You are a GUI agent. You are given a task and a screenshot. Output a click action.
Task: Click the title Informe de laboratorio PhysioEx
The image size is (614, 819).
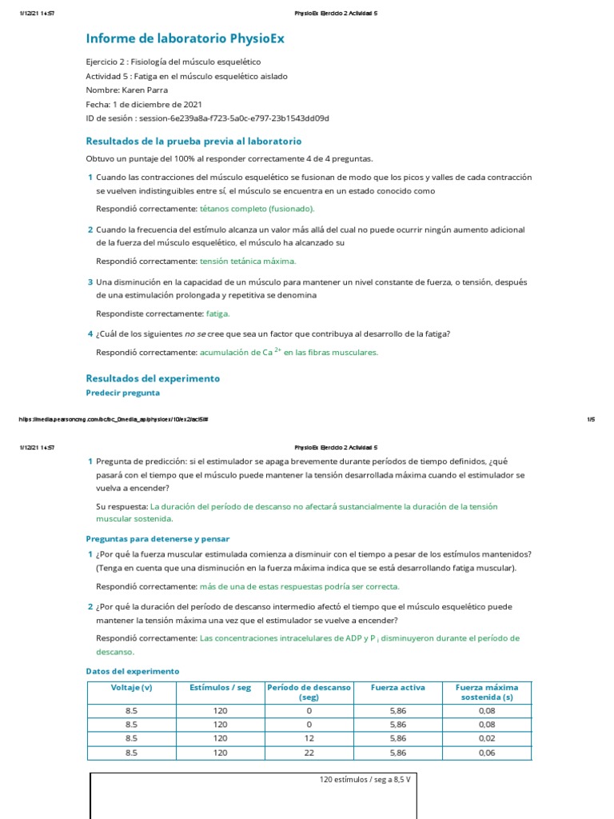(x=185, y=38)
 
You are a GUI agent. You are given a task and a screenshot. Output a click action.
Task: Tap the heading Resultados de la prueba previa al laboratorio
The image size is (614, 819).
(x=193, y=141)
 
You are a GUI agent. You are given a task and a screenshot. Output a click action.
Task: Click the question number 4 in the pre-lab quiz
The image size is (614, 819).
(x=90, y=334)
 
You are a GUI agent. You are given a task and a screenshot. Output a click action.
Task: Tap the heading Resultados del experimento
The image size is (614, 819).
(x=152, y=378)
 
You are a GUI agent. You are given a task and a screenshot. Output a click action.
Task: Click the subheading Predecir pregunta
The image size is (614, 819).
(x=122, y=393)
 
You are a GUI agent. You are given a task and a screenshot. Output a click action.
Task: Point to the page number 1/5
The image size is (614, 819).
(x=592, y=419)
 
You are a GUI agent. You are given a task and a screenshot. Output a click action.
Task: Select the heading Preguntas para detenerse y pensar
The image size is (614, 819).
(x=157, y=539)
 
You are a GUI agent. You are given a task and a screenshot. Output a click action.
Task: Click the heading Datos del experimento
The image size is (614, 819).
(x=132, y=671)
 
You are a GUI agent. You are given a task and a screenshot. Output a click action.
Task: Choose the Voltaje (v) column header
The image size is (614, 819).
(x=131, y=687)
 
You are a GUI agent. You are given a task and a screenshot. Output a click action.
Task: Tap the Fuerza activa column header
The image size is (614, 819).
(x=397, y=687)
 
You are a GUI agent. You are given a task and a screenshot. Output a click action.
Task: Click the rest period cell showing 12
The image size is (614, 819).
(x=309, y=738)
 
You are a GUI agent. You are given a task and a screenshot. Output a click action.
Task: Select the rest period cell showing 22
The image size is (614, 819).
(x=309, y=753)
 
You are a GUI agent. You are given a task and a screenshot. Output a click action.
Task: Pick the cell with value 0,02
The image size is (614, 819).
(x=486, y=738)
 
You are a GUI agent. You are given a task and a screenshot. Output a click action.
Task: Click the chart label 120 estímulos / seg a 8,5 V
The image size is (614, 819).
(x=369, y=779)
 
